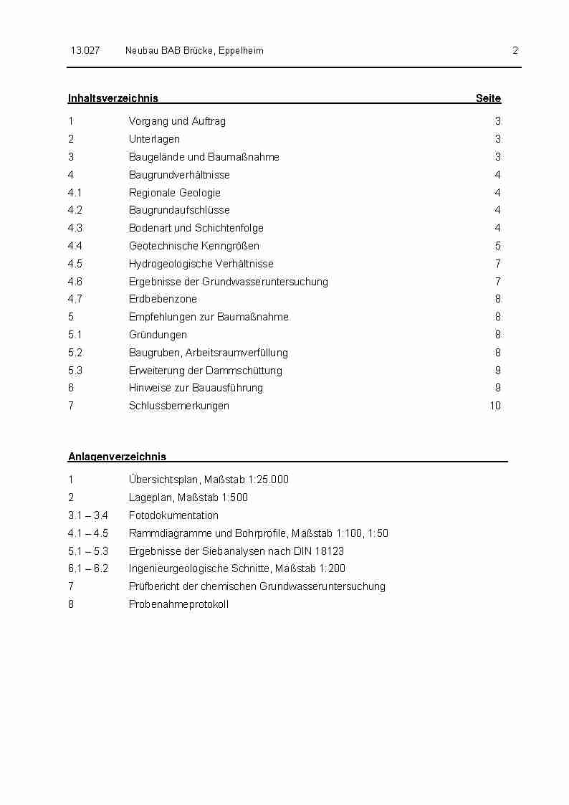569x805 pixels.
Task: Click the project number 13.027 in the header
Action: pyautogui.click(x=85, y=50)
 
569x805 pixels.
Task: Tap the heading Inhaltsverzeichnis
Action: pyautogui.click(x=113, y=98)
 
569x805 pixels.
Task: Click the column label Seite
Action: pyautogui.click(x=488, y=98)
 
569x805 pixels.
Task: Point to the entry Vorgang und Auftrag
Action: pyautogui.click(x=177, y=121)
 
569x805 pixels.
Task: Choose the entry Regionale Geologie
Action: pyautogui.click(x=175, y=192)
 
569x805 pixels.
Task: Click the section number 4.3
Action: pyautogui.click(x=75, y=228)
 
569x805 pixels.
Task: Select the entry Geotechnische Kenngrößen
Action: pyautogui.click(x=194, y=246)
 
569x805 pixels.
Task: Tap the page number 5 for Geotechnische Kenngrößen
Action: pyautogui.click(x=498, y=246)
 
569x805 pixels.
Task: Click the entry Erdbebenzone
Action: pyautogui.click(x=163, y=299)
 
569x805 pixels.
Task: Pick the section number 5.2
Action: pyautogui.click(x=75, y=353)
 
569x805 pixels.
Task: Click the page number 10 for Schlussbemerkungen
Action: pyautogui.click(x=495, y=406)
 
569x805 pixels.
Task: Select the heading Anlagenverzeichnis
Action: pyautogui.click(x=117, y=457)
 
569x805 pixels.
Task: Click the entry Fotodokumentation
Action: pyautogui.click(x=173, y=515)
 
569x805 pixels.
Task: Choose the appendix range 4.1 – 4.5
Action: pyautogui.click(x=88, y=533)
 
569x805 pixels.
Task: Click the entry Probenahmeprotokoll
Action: pyautogui.click(x=178, y=604)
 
